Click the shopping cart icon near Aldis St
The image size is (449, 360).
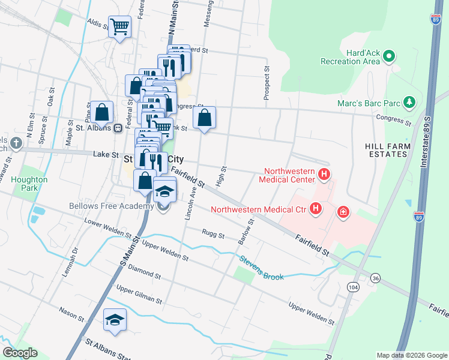coord(119,26)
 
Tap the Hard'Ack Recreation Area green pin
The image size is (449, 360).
coord(388,57)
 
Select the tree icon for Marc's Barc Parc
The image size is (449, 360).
coord(409,101)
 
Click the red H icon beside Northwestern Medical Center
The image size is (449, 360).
coord(324,175)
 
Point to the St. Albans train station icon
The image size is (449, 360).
coord(118,127)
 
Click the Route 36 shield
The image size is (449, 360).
coord(375,278)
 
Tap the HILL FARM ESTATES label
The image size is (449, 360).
coord(388,150)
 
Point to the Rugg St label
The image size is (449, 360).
coord(212,234)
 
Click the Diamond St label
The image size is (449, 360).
coord(144,274)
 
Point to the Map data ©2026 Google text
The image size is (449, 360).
coord(411,355)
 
